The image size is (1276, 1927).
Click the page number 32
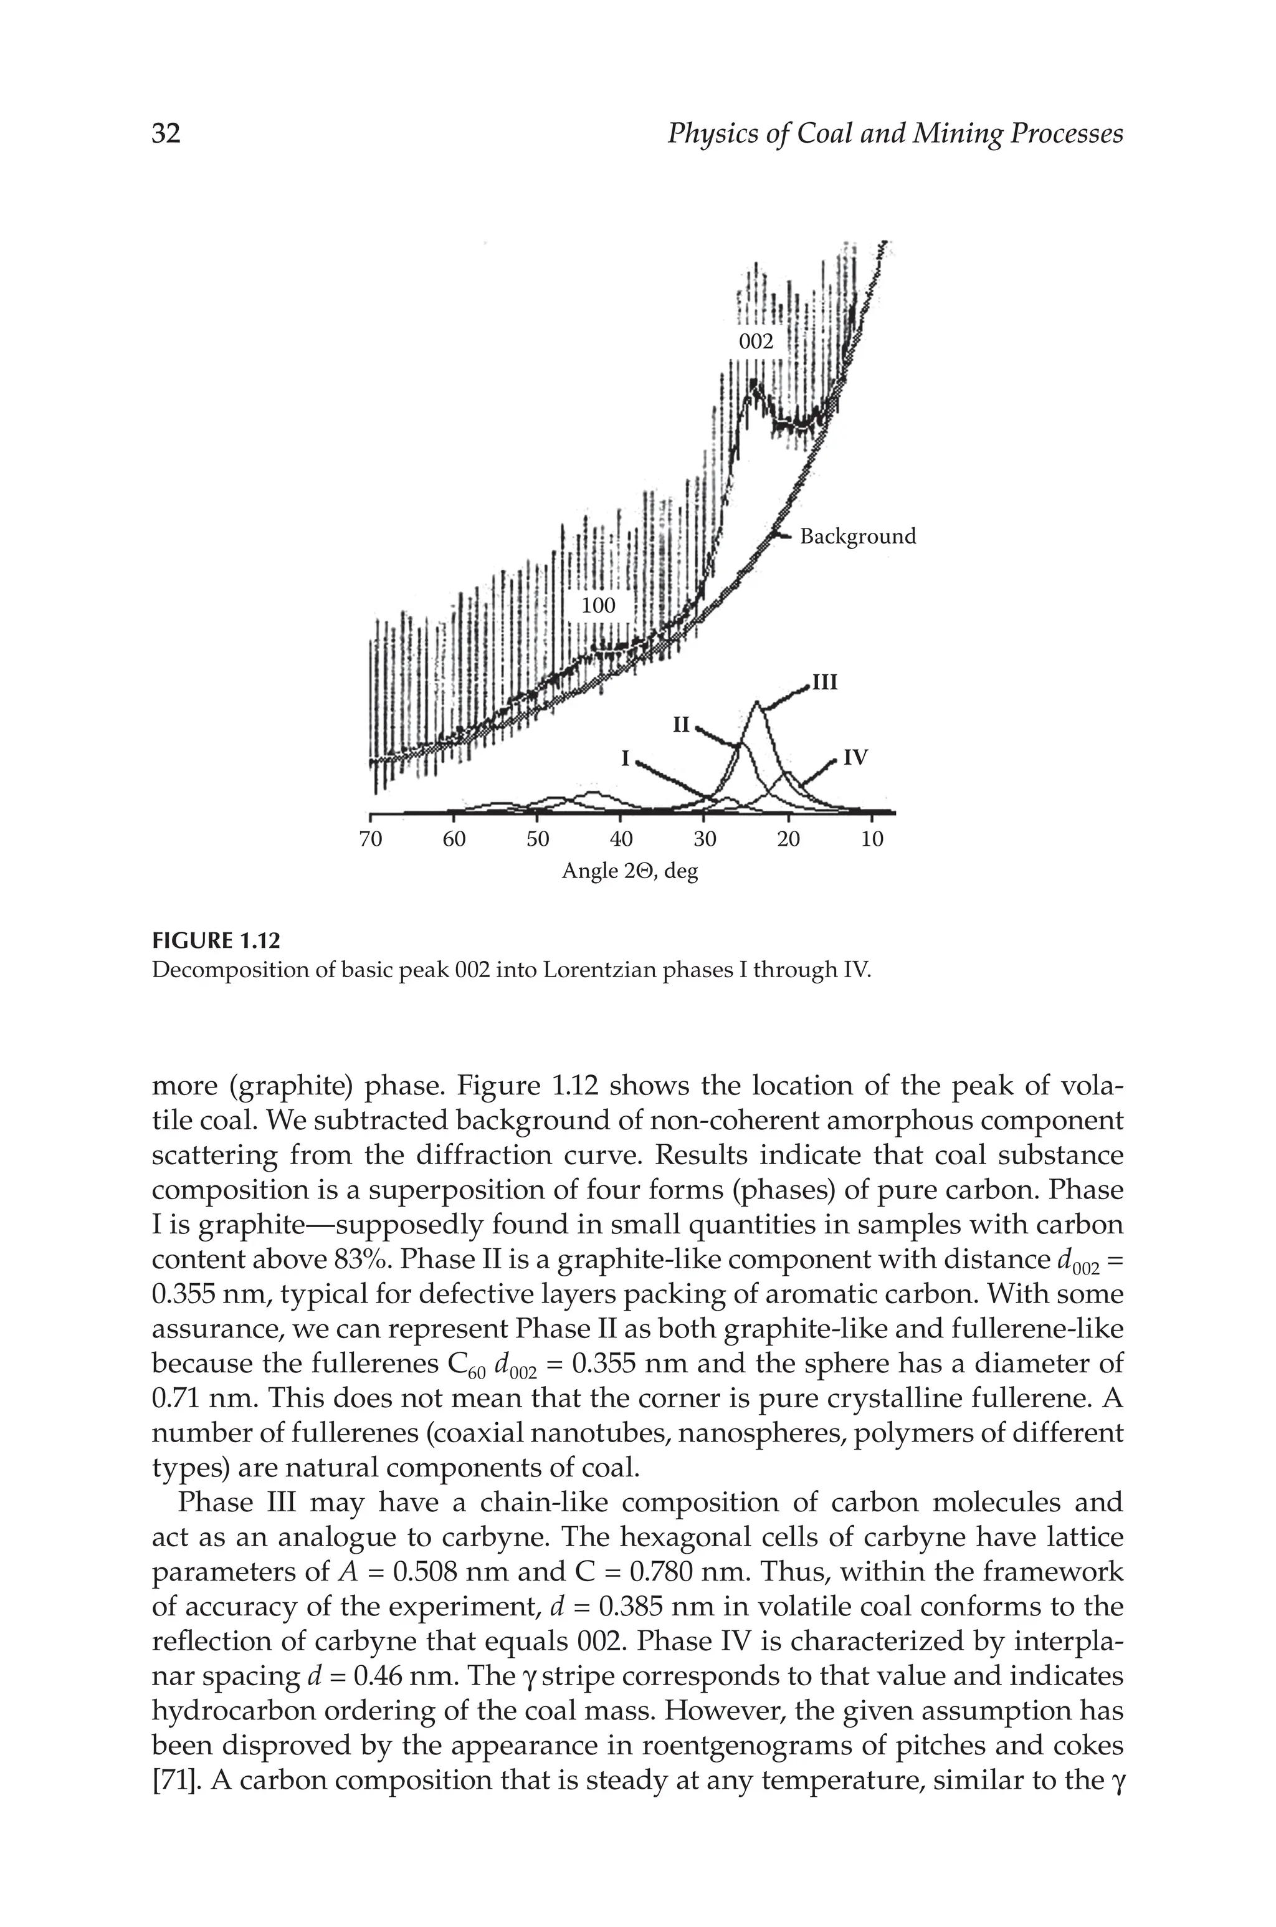click(x=166, y=133)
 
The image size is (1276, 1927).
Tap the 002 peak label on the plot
click(x=755, y=342)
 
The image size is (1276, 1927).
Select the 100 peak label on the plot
click(x=598, y=605)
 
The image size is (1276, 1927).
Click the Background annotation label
click(x=858, y=536)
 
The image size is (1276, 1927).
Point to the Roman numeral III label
click(x=824, y=682)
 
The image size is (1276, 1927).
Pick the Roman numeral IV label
click(x=855, y=758)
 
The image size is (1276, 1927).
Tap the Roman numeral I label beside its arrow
click(x=625, y=758)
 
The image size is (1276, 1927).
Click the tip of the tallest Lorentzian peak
click(x=757, y=702)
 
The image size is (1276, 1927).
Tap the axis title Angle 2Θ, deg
click(x=630, y=871)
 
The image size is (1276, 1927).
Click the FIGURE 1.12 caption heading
click(x=216, y=942)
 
